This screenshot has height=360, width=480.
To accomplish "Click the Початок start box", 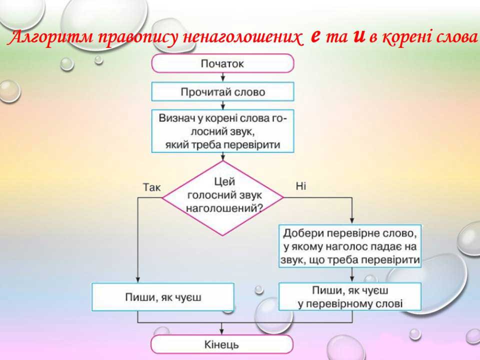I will coord(222,63).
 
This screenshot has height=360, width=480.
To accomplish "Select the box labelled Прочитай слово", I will coord(222,92).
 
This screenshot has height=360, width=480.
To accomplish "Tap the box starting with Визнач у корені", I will coord(222,131).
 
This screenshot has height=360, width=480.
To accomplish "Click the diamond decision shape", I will coord(222,197).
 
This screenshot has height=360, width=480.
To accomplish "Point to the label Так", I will coord(151,187).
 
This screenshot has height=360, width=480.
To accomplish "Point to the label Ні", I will coord(300,186).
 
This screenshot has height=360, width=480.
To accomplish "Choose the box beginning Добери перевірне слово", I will coord(349,247).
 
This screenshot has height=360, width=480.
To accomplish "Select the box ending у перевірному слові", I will coord(349,297).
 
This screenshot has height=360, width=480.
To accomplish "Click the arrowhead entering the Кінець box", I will coord(222,331).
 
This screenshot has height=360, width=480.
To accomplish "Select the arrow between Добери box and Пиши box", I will coord(352,275).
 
